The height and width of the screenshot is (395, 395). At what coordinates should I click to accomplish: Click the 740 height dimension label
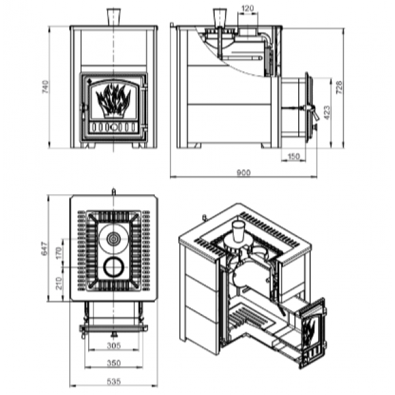tap(45, 87)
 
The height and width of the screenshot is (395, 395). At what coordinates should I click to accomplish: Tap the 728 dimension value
tap(339, 87)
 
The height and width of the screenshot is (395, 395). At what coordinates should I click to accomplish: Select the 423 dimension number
tap(327, 113)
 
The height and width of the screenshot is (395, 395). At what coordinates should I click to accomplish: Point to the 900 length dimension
tap(244, 172)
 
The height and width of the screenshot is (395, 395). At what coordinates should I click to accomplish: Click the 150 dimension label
tap(294, 156)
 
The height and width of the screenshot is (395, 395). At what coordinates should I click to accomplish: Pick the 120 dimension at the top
tap(247, 9)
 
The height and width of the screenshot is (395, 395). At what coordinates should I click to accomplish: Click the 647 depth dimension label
tap(44, 248)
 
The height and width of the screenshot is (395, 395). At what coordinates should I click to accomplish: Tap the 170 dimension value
tap(58, 253)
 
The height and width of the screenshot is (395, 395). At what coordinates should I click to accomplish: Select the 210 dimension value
tap(58, 283)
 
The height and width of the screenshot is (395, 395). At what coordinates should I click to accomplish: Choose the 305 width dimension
tap(114, 346)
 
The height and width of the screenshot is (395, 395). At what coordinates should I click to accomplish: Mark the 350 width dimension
tap(114, 363)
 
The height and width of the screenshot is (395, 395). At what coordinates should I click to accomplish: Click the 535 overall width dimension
tap(114, 381)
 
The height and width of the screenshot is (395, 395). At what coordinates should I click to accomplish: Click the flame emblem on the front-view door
tap(113, 101)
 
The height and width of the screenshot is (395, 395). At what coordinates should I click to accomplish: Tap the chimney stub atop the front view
tap(114, 17)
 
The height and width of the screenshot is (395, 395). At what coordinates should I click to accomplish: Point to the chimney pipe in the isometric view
tap(238, 232)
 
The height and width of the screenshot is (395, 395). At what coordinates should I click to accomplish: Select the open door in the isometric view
tap(312, 332)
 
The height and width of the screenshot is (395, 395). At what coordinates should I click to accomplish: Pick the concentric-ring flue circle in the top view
tap(114, 238)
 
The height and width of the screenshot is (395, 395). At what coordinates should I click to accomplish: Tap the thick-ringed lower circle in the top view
tap(114, 267)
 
